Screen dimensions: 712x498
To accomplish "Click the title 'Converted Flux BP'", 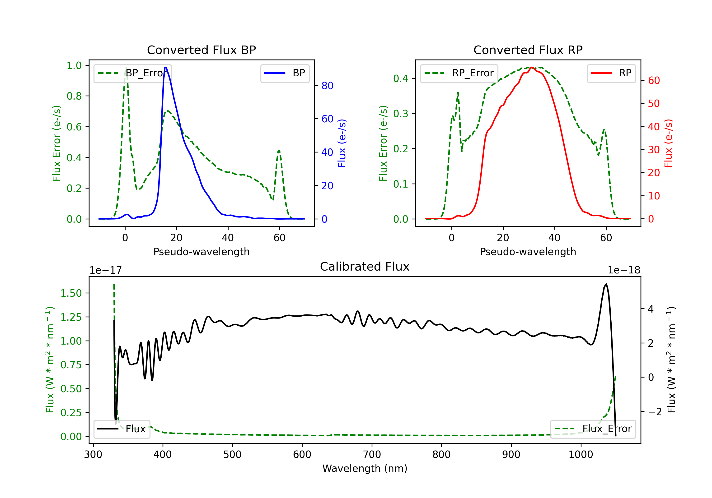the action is tap(201, 50).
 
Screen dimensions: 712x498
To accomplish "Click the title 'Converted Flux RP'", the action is tap(528, 50).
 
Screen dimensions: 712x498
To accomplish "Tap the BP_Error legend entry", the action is tap(132, 73).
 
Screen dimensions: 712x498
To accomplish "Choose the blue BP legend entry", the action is tap(285, 73).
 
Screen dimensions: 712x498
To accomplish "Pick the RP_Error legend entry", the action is tap(459, 73).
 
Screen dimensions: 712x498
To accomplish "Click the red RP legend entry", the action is tap(611, 73).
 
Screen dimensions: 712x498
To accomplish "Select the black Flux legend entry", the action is tap(122, 429).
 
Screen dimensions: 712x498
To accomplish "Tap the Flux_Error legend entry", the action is tap(593, 429).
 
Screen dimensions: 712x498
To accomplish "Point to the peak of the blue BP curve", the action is tap(166, 67).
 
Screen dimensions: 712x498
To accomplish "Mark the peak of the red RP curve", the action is tap(532, 67).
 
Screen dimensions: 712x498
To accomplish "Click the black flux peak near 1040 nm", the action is tap(606, 284).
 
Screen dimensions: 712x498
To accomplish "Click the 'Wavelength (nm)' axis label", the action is tap(365, 468).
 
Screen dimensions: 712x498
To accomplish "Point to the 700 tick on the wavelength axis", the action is tap(372, 454).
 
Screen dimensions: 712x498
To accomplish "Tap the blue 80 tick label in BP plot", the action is tap(327, 86).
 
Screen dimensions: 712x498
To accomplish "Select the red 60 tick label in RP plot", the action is tap(654, 81).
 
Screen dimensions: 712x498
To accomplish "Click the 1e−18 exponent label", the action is tap(624, 270).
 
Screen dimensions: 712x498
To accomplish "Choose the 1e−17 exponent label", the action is tap(106, 270).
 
